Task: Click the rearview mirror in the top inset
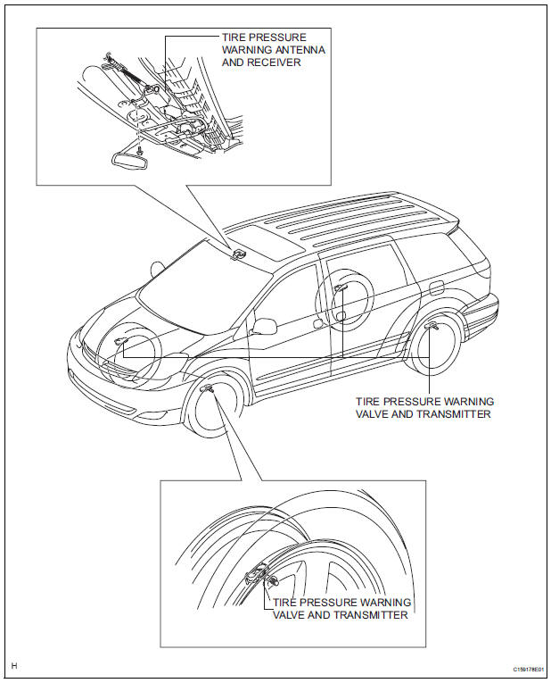[128, 160]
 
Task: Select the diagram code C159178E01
[528, 669]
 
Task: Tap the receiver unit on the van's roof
[238, 254]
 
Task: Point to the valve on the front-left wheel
[208, 390]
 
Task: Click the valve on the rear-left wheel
[432, 327]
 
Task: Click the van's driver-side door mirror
[265, 327]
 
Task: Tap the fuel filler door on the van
[436, 288]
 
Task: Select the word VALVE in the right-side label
[374, 415]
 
